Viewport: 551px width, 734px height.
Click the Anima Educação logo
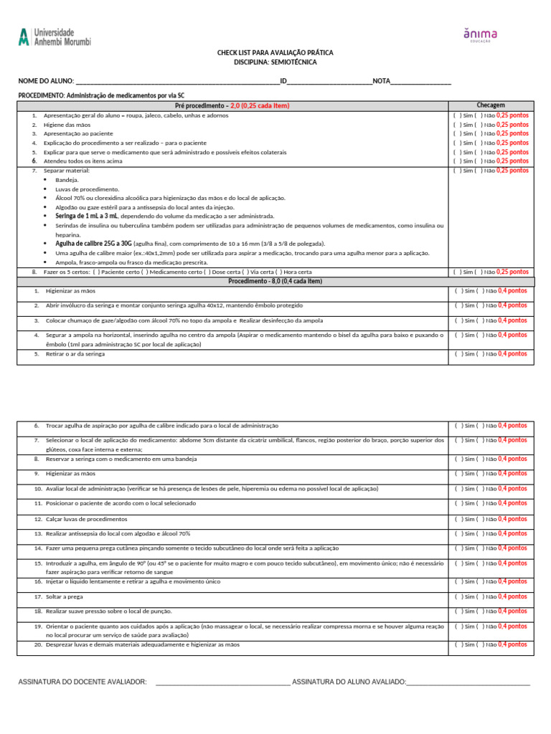coord(480,36)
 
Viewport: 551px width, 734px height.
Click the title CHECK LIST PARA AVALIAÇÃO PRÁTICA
coord(275,53)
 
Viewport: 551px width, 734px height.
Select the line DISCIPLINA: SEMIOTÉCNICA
coord(275,62)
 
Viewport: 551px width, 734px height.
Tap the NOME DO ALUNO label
coord(45,81)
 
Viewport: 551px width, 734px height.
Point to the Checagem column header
coord(491,105)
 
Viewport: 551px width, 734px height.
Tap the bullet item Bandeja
coord(67,180)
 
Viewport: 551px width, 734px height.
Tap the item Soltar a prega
coord(65,596)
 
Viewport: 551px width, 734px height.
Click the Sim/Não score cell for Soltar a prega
coord(491,596)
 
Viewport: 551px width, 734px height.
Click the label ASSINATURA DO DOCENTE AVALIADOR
coord(83,682)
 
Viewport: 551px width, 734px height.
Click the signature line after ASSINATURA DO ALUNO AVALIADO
coord(468,683)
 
